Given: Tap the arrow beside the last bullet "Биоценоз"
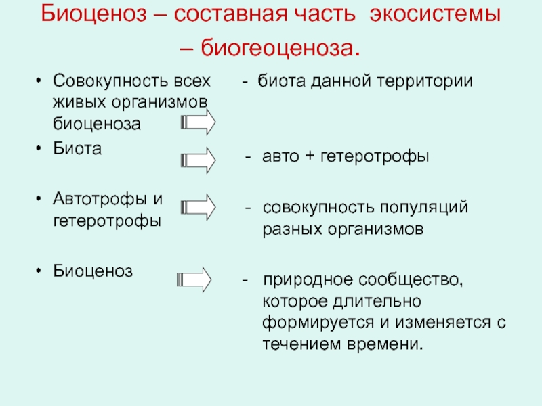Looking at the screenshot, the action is click(195, 279).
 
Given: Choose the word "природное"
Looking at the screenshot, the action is click(298, 279).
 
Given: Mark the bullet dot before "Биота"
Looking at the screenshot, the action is click(40, 149).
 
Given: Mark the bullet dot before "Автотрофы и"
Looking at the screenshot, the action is click(40, 199).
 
